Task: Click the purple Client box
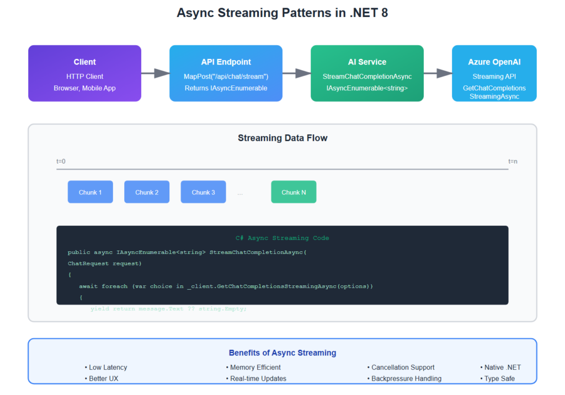coord(84,73)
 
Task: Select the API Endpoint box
coord(226,73)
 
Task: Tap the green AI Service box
coord(367,73)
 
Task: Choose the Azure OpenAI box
coord(494,73)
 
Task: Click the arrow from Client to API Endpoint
coord(155,73)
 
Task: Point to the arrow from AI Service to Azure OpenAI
coord(438,73)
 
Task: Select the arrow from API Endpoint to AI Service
coord(296,73)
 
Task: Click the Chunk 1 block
coord(90,192)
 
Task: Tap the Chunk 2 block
coord(147,192)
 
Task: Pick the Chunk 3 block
coord(203,192)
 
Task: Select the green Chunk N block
coord(294,192)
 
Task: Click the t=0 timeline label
coord(61,161)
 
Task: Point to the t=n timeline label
coord(513,161)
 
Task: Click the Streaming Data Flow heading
coord(282,138)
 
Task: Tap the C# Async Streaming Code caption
coord(282,238)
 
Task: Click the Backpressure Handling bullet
coord(406,379)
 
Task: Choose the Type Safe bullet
coord(499,379)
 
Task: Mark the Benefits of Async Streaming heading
coord(282,353)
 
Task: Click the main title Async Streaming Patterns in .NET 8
coord(282,13)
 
